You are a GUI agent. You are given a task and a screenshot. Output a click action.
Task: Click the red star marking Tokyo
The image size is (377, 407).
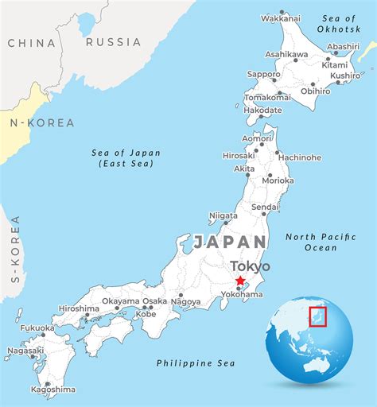tap(240, 281)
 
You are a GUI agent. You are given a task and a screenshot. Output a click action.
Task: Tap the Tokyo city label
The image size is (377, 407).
tap(249, 266)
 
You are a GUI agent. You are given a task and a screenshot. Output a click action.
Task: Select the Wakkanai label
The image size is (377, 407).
tap(281, 17)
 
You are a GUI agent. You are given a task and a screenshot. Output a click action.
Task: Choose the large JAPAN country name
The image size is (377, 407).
tap(230, 242)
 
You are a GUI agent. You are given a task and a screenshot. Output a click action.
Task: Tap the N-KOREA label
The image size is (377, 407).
tap(41, 123)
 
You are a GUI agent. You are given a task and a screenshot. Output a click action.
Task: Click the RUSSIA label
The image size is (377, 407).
tap(113, 42)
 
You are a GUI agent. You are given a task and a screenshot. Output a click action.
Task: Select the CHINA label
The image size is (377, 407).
tap(32, 43)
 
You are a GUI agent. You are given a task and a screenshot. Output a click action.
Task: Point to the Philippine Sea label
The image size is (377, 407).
tap(195, 363)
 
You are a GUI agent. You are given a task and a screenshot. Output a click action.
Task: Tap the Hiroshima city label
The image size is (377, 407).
tap(79, 308)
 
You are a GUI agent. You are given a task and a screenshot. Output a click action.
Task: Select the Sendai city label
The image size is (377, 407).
tap(265, 207)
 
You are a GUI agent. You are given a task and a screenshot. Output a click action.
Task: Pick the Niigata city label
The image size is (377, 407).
tap(223, 215)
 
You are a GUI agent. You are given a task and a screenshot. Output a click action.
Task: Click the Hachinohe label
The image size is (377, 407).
tap(300, 157)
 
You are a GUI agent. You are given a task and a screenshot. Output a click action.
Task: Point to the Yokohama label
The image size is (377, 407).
tap(241, 294)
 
